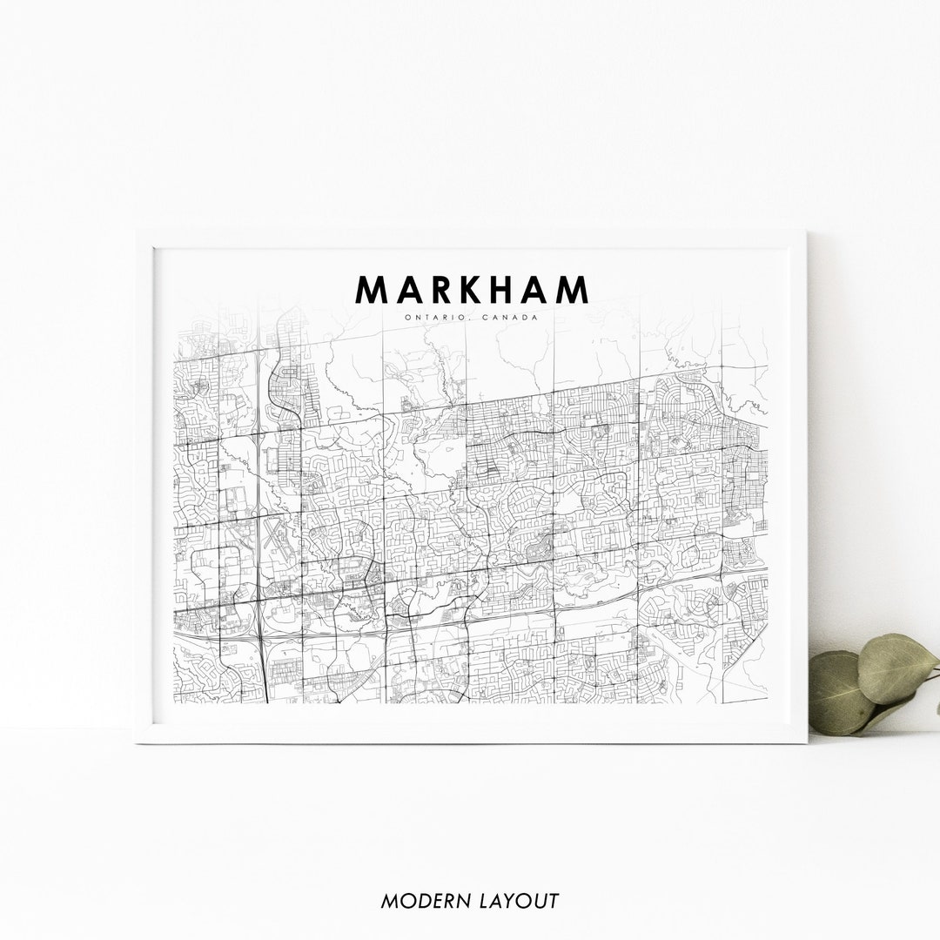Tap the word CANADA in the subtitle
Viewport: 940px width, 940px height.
click(514, 317)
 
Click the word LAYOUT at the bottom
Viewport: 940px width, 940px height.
click(516, 901)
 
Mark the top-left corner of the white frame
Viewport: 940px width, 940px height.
click(138, 232)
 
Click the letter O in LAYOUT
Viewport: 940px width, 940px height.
click(516, 901)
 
